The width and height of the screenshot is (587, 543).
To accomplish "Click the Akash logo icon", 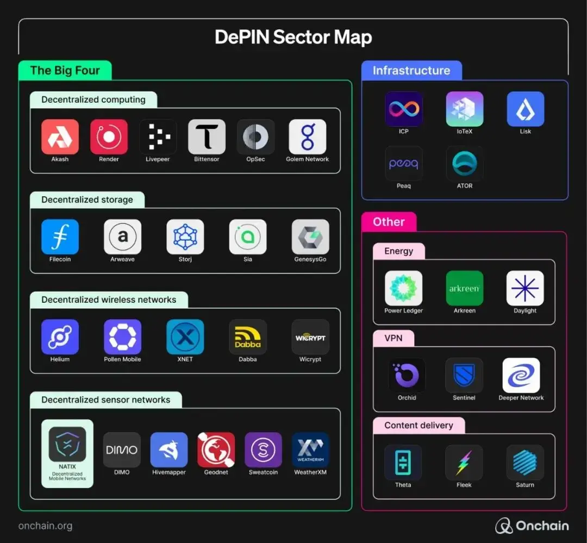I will coord(60,137).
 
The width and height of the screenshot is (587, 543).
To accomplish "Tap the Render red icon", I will coord(109,137).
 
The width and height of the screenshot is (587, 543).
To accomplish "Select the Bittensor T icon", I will coord(207,137).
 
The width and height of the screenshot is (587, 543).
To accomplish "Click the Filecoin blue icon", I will coord(60,237).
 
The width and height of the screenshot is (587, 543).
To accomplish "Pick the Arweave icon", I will coord(122,237).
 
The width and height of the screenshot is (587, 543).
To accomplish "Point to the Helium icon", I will coord(60,337).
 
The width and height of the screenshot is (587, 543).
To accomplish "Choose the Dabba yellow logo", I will coord(247,337).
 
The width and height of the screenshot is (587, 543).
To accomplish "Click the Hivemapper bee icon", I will coord(168,450).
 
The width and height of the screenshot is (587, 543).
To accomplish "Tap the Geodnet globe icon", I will coord(216,450).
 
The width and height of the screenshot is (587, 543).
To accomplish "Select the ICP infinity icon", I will coord(403,109).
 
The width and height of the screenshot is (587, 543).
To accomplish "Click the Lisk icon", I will coord(525,109).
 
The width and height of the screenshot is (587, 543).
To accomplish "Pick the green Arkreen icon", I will coord(464,289).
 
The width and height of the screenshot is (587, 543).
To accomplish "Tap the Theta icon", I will coord(403,463).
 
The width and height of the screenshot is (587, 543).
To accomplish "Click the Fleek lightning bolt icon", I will coord(464,463).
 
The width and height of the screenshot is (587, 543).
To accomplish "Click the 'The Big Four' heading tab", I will coord(65,71).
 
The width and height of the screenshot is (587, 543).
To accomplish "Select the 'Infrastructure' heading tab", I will coord(411,71).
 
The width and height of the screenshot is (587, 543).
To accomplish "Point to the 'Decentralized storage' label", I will coord(87,199).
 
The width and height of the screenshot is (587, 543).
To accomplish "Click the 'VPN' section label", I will coord(394,338).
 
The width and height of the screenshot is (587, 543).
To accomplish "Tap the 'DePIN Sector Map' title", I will coord(293,38).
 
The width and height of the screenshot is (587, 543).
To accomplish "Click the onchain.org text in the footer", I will coord(45,526).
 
